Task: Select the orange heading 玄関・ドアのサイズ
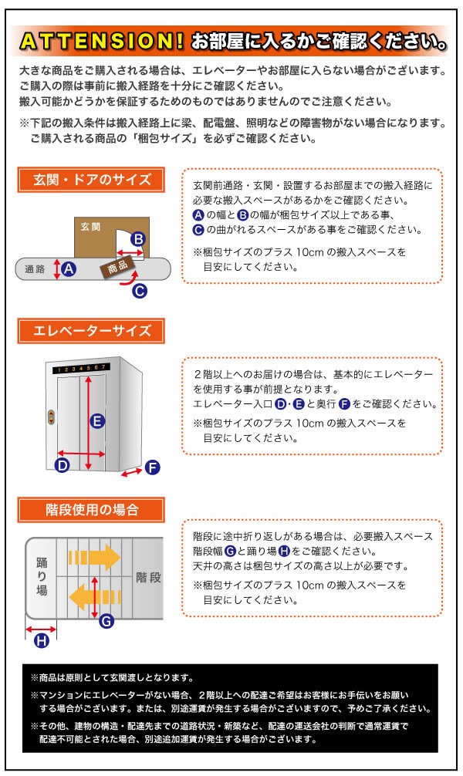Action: (x=92, y=181)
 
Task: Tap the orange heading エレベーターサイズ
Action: (x=92, y=332)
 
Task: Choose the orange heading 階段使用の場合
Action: (x=92, y=510)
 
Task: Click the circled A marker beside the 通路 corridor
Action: (x=69, y=269)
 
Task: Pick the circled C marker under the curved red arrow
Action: (x=140, y=291)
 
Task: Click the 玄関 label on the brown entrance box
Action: (x=92, y=227)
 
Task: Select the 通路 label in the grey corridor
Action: (x=35, y=269)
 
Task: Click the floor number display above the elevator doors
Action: (x=80, y=369)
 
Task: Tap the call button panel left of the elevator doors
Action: (x=51, y=416)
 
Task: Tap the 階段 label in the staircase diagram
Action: (x=147, y=576)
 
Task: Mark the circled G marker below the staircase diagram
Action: (x=106, y=621)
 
